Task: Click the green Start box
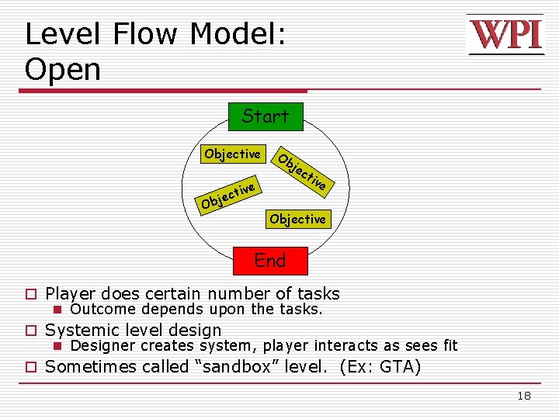click(265, 116)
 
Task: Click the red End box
click(270, 260)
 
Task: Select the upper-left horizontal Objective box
click(232, 154)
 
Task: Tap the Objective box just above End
click(297, 220)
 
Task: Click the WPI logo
click(505, 35)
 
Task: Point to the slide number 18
click(524, 396)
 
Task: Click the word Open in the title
click(63, 70)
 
